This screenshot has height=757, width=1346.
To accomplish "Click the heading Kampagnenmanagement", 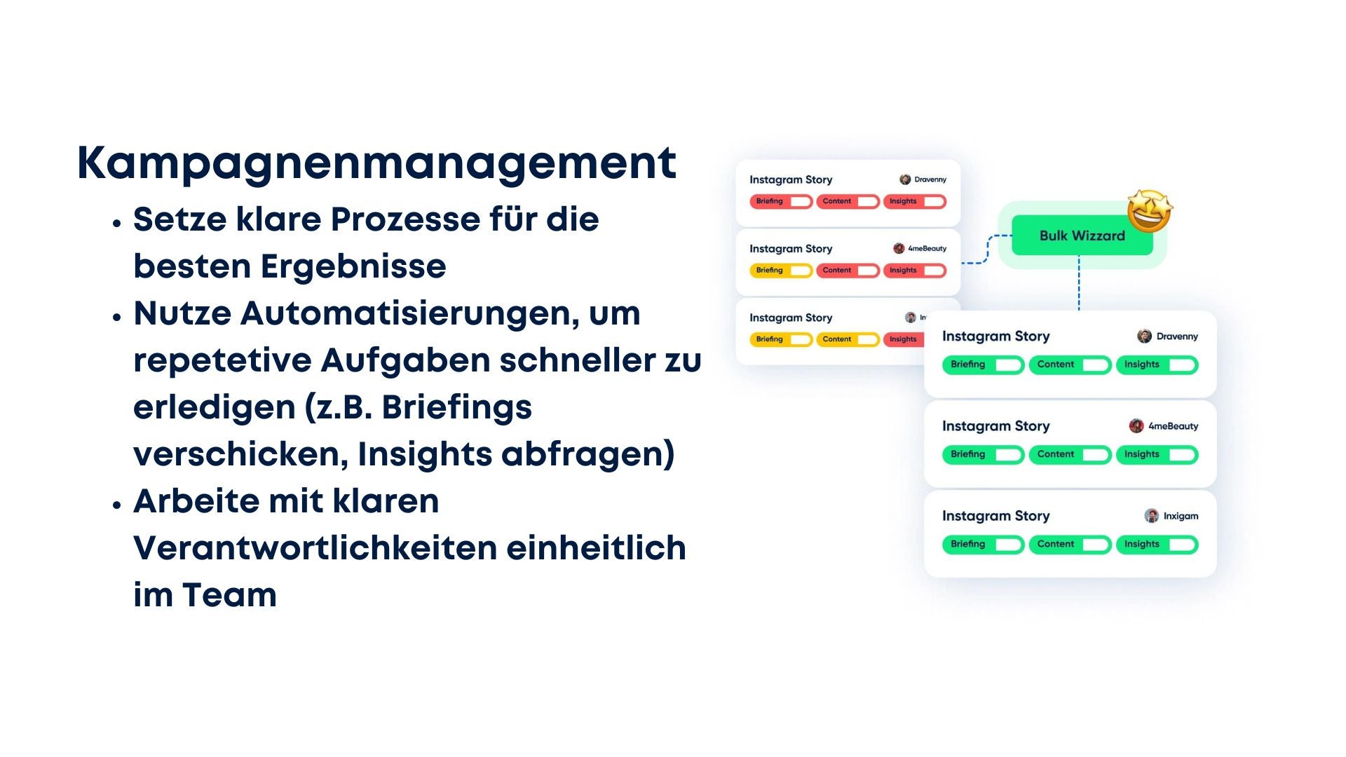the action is (x=376, y=163).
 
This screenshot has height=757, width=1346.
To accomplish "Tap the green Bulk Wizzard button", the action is (x=1082, y=236).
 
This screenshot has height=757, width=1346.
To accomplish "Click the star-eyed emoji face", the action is (x=1150, y=210).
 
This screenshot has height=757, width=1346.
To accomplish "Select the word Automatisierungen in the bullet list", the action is (x=410, y=313).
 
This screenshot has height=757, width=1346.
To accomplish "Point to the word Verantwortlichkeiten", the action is (x=315, y=547).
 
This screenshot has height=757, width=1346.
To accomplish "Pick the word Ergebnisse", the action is (x=353, y=267).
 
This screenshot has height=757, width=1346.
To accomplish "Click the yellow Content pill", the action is (x=848, y=339).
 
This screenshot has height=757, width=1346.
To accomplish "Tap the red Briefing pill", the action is (x=781, y=202).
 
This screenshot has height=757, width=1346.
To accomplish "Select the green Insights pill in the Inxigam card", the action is (x=1157, y=545).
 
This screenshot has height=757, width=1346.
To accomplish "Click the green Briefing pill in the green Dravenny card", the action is (x=983, y=365).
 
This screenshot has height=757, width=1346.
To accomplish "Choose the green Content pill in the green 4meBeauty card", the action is (x=1070, y=455).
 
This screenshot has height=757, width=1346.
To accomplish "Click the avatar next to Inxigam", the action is (x=1151, y=516).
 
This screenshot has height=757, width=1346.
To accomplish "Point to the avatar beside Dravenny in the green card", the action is (x=1144, y=336).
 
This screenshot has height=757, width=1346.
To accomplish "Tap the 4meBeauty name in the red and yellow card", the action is (x=927, y=248).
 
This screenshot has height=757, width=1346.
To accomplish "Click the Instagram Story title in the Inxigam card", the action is (x=995, y=516).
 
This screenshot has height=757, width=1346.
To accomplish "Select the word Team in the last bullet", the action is (x=229, y=595).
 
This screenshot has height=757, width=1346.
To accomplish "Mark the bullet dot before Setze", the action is (x=117, y=224).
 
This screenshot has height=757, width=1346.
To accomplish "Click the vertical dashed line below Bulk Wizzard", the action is (x=1078, y=283).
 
